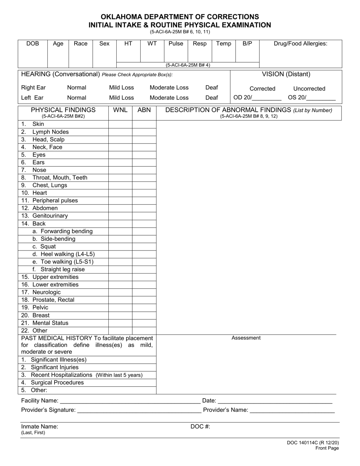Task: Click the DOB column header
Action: (x=33, y=44)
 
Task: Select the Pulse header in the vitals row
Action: (x=175, y=44)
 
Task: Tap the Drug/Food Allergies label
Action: (x=301, y=44)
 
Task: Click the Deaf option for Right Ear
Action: (x=211, y=88)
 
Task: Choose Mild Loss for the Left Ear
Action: (x=121, y=98)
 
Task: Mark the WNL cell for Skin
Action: (x=121, y=124)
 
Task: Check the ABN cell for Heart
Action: (x=144, y=193)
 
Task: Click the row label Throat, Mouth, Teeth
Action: (x=59, y=177)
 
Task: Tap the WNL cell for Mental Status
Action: (x=121, y=323)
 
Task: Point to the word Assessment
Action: (x=246, y=338)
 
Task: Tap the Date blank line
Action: (x=275, y=401)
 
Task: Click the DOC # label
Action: (x=200, y=426)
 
